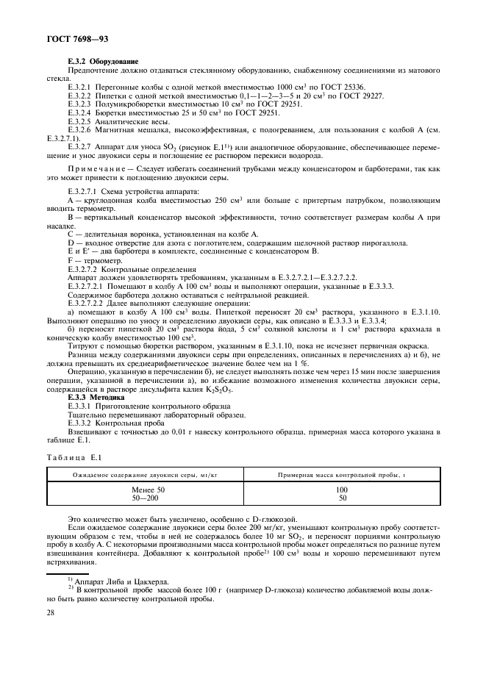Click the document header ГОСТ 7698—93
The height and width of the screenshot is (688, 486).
[61, 37]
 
